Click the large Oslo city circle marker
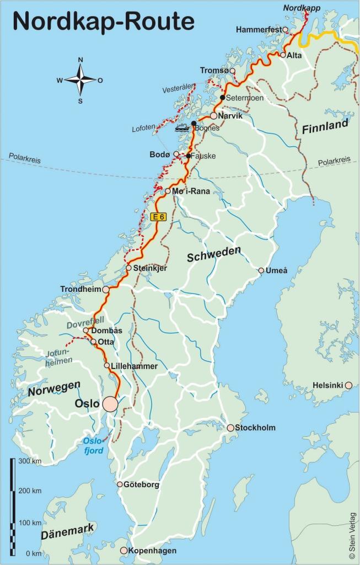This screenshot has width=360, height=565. click(x=110, y=404)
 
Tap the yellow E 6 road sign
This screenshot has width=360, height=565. click(x=158, y=217)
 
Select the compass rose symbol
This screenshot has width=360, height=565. click(x=80, y=80)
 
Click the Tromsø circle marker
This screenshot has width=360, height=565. click(x=232, y=71)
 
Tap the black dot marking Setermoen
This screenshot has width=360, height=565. click(x=222, y=98)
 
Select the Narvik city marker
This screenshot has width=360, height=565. click(x=213, y=116)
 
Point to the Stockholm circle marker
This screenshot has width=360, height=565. click(x=230, y=428)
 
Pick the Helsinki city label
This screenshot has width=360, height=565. click(x=328, y=385)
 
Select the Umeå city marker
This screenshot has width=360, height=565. click(x=261, y=270)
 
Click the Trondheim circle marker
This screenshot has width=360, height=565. click(x=105, y=289)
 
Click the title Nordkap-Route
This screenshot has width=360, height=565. click(x=104, y=22)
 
